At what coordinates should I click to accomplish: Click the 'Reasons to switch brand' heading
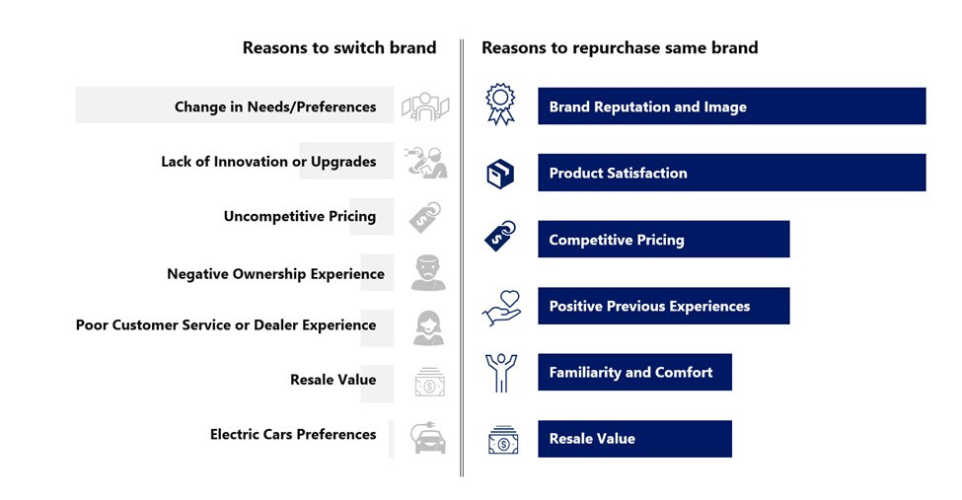click(339, 47)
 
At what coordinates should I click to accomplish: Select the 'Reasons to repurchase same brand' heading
click(620, 47)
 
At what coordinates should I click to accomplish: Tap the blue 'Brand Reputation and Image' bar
click(731, 107)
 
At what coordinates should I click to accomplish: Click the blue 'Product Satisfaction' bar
click(731, 173)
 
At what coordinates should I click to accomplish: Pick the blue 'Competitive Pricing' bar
click(664, 239)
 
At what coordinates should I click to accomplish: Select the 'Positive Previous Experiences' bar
click(664, 306)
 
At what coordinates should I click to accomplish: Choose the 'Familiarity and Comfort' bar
click(635, 372)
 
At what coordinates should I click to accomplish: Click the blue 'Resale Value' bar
click(635, 439)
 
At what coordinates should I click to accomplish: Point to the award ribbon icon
click(500, 105)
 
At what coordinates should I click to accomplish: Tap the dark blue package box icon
click(500, 174)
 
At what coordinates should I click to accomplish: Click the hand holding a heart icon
click(501, 308)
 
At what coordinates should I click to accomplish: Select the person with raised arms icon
click(500, 373)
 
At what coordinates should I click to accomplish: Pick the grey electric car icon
click(428, 438)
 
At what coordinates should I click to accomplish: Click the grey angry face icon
click(428, 272)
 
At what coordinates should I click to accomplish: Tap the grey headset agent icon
click(428, 328)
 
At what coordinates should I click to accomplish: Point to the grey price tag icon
click(425, 217)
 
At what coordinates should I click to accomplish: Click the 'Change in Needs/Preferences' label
click(275, 107)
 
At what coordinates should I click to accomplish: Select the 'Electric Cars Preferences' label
click(293, 434)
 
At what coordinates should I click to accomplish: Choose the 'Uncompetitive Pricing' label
click(300, 217)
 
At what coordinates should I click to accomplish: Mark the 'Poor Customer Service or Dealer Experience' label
click(226, 325)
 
